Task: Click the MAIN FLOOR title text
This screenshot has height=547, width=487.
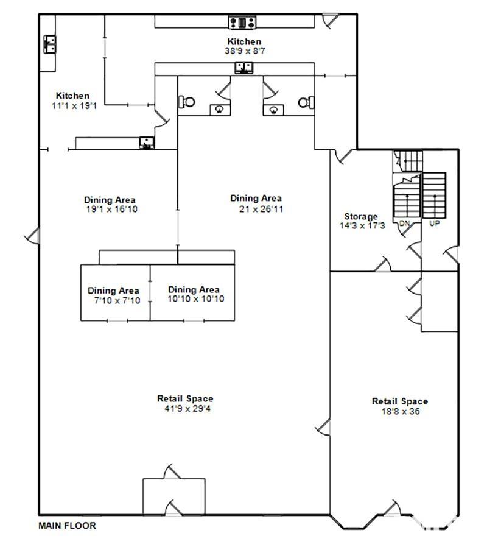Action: (x=67, y=525)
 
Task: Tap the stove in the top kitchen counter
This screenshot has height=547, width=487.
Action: (x=242, y=23)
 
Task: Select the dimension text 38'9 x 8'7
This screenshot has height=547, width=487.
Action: (x=245, y=51)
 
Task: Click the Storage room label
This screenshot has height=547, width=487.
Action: (x=361, y=216)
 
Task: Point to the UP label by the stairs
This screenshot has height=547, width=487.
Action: (x=435, y=223)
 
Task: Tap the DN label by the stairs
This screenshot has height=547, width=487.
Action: (x=404, y=223)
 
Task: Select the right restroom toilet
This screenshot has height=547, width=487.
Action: (x=306, y=102)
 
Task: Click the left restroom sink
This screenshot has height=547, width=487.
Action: (x=220, y=110)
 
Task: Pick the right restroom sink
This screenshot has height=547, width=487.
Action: (x=273, y=110)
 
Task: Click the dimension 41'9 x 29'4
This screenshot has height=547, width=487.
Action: (x=187, y=409)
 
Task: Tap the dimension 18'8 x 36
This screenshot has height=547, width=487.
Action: (x=400, y=411)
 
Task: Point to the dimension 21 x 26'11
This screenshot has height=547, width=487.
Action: (x=261, y=209)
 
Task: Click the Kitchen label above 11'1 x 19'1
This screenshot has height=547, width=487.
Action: (x=72, y=96)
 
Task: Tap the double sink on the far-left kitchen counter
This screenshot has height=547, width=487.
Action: (x=49, y=44)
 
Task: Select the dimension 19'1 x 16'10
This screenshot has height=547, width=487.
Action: (x=111, y=210)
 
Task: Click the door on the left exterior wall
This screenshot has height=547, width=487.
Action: (x=33, y=236)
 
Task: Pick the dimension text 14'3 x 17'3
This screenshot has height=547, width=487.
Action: (x=362, y=226)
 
